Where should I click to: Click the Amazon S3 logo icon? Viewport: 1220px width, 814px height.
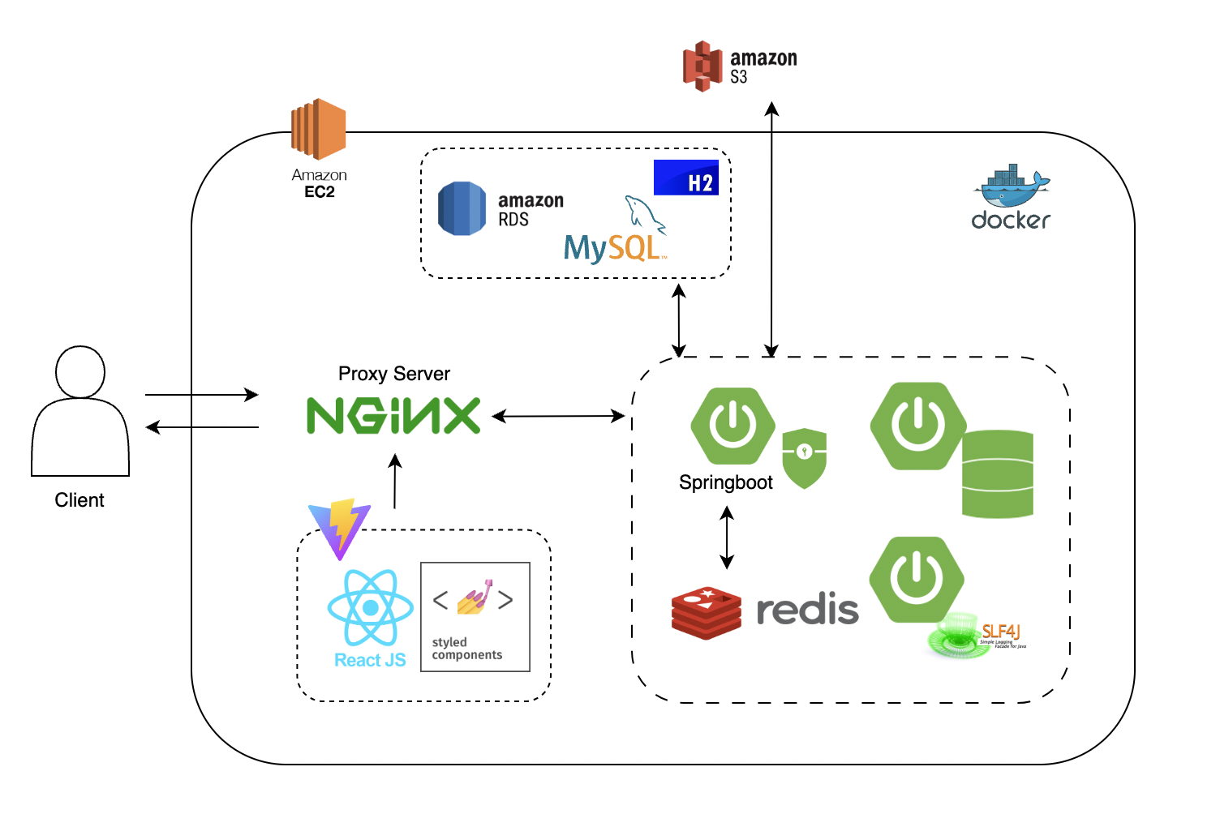(x=702, y=66)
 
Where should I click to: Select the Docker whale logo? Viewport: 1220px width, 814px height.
(x=1011, y=188)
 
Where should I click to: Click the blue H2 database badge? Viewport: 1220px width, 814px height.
(x=686, y=178)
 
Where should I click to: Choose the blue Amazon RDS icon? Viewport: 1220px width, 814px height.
(x=462, y=208)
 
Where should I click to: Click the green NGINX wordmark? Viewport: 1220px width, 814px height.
(x=393, y=416)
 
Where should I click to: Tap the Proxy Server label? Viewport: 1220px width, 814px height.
(x=394, y=374)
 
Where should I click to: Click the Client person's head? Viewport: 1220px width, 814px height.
(x=80, y=372)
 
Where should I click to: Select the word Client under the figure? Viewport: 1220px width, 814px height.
(x=79, y=500)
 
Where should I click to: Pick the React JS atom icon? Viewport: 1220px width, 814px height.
(x=371, y=607)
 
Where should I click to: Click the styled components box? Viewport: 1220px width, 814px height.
(x=475, y=617)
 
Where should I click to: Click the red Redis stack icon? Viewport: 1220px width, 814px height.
(x=707, y=613)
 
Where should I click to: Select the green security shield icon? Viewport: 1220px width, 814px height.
(x=804, y=458)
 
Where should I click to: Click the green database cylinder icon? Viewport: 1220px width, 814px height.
(x=997, y=474)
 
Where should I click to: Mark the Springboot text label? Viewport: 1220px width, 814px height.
(x=726, y=482)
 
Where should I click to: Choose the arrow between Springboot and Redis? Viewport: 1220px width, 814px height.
(x=727, y=538)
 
